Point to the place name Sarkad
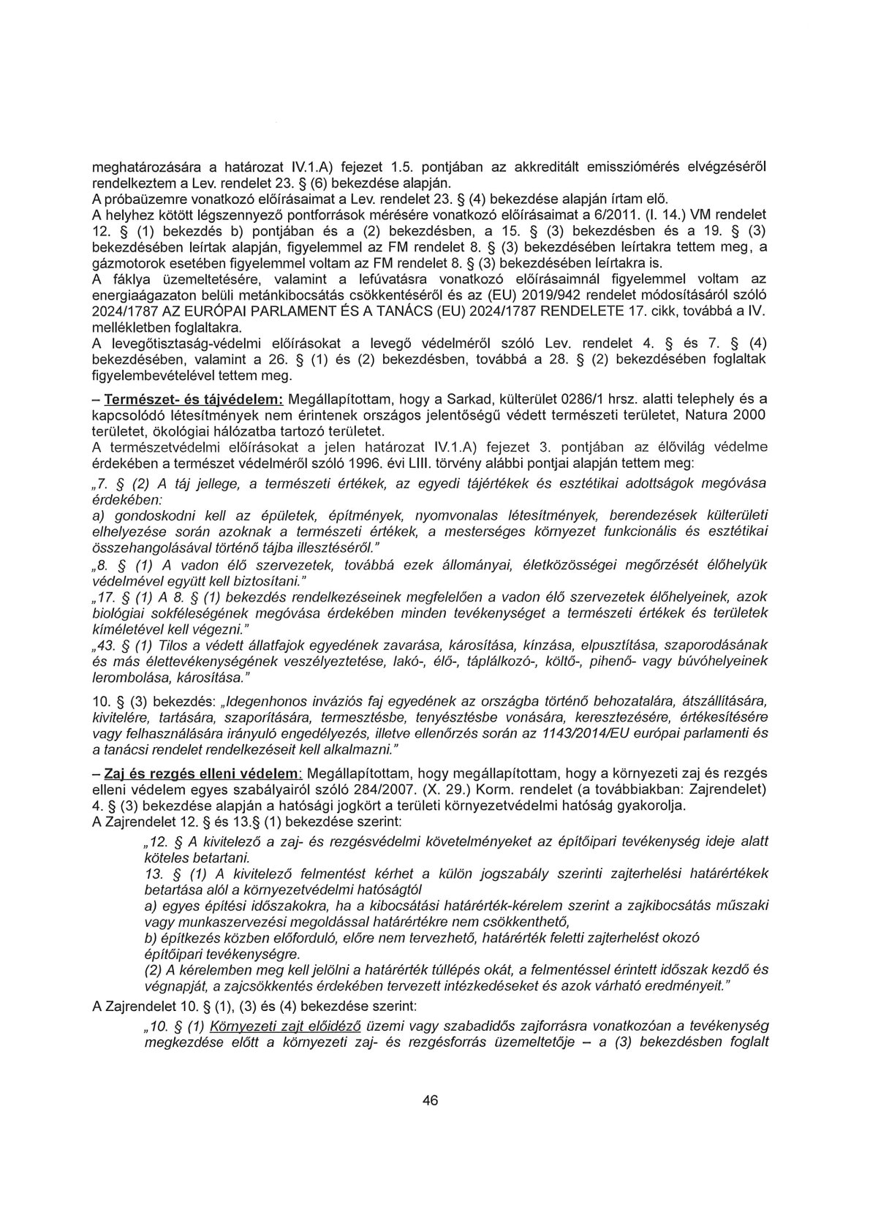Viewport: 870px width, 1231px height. [477, 400]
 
